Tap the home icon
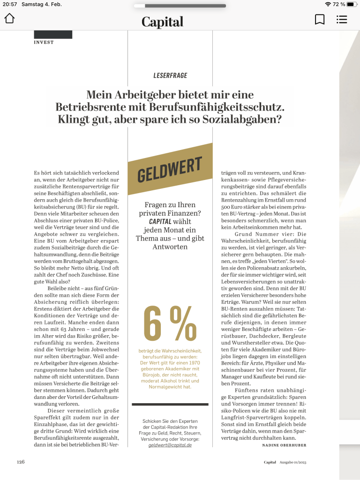9,19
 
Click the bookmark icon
320,19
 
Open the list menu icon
342,19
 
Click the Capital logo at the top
162,22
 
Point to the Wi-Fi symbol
328,4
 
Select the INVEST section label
44,42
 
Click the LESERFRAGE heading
170,75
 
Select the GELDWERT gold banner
170,169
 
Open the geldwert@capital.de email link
170,445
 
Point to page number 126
21,462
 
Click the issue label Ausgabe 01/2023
293,462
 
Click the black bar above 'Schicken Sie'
170,404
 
